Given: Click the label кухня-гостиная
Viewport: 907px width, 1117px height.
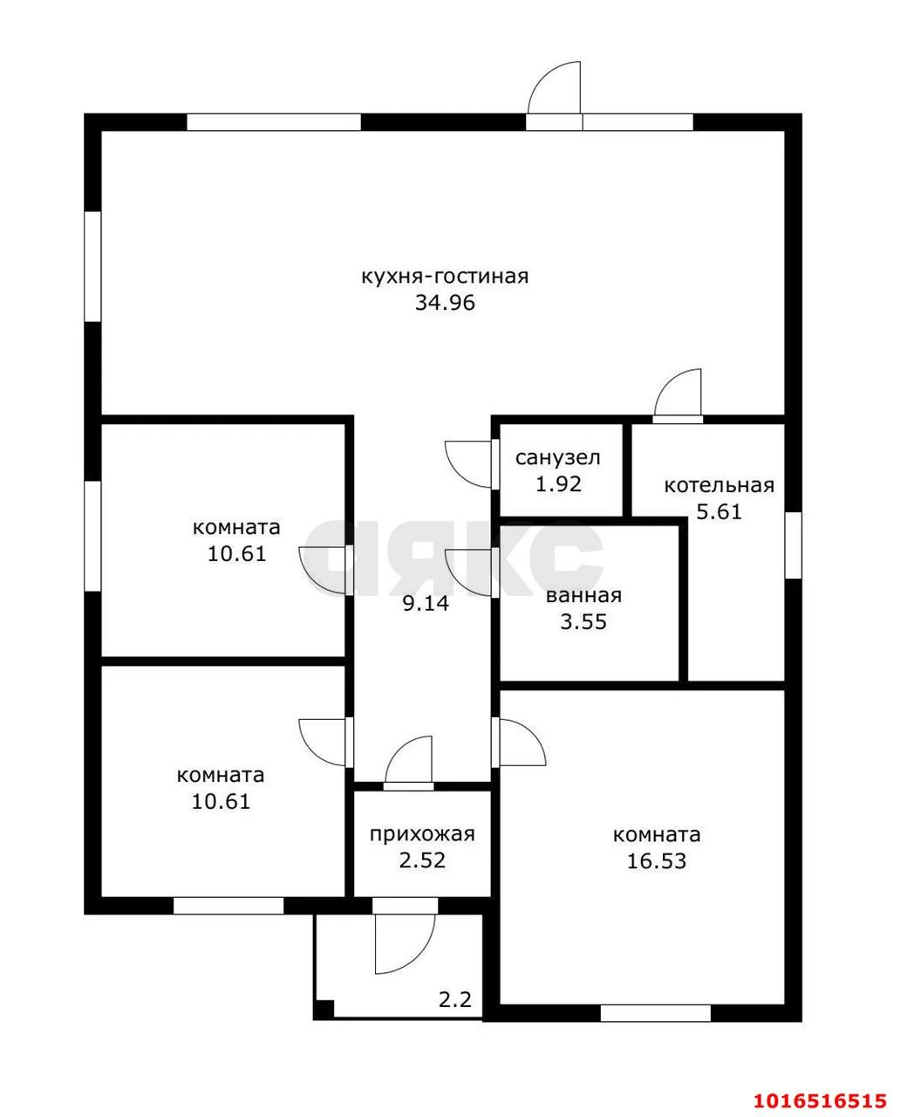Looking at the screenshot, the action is tap(445, 277).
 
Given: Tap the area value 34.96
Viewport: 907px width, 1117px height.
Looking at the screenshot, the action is tap(445, 303).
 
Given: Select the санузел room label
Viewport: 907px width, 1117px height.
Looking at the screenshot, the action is tap(557, 458).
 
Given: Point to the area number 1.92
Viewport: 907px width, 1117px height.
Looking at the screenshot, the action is tap(558, 483).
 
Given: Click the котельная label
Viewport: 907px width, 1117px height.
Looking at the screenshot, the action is tap(719, 485).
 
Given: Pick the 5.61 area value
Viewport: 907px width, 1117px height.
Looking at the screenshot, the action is tap(719, 512).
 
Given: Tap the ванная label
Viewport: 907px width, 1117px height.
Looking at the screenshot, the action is tap(583, 596).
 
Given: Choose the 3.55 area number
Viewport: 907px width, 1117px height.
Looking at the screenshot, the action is tap(583, 622).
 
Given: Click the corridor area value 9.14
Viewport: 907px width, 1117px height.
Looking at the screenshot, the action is tap(426, 604).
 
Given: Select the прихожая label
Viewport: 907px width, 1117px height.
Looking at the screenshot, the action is tap(422, 834).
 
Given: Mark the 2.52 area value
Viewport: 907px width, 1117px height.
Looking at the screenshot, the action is tap(422, 860).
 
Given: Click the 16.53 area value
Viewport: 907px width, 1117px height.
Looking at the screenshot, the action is tap(656, 861).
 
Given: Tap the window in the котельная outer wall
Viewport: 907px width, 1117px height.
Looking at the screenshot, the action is tap(793, 545).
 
